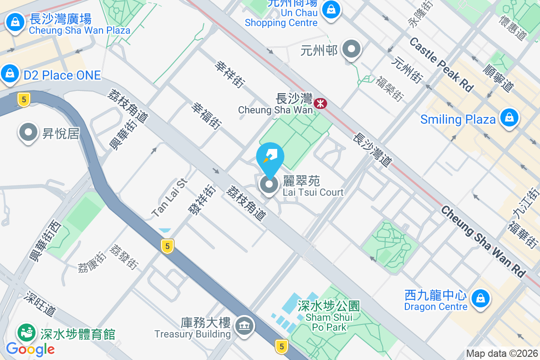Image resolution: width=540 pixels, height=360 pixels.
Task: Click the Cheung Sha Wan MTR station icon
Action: pyautogui.click(x=321, y=103)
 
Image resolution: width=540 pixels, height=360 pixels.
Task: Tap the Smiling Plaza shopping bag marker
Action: pyautogui.click(x=509, y=117)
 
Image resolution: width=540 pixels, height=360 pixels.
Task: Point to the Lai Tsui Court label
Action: pyautogui.click(x=313, y=186)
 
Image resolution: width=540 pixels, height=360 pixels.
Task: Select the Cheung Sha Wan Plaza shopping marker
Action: pyautogui.click(x=15, y=22)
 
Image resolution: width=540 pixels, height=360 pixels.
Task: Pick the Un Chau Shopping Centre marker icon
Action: pyautogui.click(x=331, y=9)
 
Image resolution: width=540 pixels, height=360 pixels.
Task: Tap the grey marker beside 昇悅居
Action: pyautogui.click(x=28, y=133)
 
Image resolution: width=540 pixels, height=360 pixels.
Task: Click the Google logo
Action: pyautogui.click(x=30, y=349)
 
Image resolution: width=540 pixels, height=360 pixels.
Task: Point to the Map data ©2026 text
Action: pyautogui.click(x=501, y=354)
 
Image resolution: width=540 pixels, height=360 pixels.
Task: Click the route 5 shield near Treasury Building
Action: pyautogui.click(x=282, y=346)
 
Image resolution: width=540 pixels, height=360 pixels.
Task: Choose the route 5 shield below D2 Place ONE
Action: pyautogui.click(x=23, y=99)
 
